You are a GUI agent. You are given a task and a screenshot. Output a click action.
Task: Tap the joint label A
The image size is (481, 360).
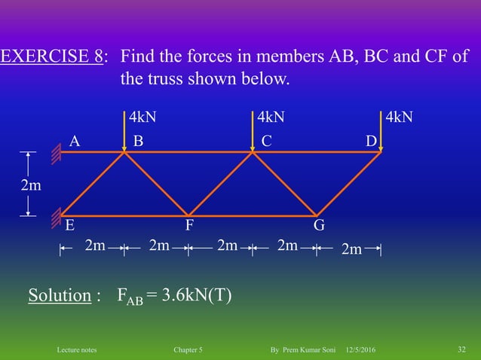tap(74, 141)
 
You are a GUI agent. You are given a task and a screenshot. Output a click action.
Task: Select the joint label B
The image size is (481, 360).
tap(138, 141)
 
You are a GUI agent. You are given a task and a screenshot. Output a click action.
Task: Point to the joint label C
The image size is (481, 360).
tap(266, 141)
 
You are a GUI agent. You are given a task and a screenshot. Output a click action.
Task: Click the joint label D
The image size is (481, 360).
tap(371, 141)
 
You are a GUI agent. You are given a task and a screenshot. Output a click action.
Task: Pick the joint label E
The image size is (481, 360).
tap(69, 224)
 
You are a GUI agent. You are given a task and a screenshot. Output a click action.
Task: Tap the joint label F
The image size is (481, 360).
tap(191, 224)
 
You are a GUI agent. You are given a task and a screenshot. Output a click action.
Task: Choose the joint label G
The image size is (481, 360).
tap(319, 224)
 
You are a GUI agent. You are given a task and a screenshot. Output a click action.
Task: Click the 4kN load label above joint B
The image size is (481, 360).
tap(143, 117)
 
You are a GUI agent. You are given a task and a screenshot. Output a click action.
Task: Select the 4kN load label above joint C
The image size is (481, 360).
tap(271, 117)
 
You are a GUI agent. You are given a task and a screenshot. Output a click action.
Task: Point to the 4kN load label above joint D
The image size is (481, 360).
tap(399, 117)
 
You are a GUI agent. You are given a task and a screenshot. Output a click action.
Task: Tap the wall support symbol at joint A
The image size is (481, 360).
tap(56, 153)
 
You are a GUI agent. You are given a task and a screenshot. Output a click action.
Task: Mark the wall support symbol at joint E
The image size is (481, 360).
tap(56, 218)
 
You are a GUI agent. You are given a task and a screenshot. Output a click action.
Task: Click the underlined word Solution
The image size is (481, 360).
tap(60, 295)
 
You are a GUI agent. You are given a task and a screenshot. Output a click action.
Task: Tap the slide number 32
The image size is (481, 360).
tap(462, 349)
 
